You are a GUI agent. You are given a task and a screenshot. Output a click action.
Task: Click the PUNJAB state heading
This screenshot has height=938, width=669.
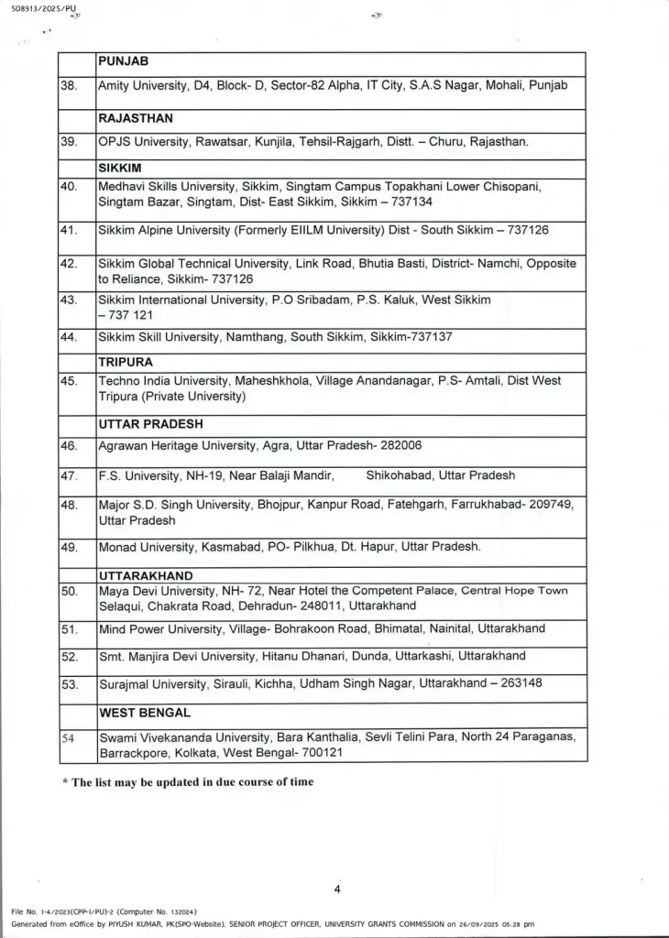point(124,62)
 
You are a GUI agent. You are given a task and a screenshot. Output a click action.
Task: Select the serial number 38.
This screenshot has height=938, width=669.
point(69,85)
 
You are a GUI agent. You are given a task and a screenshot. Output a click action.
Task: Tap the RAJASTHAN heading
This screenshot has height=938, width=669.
point(136,118)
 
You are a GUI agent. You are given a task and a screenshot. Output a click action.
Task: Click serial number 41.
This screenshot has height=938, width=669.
point(69,230)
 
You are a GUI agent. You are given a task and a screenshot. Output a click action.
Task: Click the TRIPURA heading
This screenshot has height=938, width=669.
point(125,362)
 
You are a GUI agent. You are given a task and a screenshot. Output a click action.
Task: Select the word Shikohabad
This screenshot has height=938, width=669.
point(400,475)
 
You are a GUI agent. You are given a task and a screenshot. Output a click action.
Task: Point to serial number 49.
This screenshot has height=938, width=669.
point(69,547)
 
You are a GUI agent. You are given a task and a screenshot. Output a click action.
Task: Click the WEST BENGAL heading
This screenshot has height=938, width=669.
point(144,712)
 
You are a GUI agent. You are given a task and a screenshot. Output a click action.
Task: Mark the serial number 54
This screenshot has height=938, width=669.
point(69,737)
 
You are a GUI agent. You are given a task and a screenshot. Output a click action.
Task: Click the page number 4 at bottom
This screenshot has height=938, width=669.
point(337,889)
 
